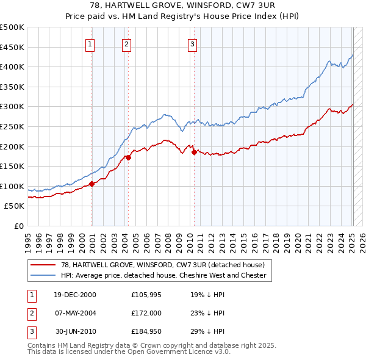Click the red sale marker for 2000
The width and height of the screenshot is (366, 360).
pyautogui.click(x=92, y=184)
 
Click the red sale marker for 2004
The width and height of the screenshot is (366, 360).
pyautogui.click(x=129, y=157)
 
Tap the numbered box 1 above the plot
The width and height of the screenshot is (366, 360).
pyautogui.click(x=90, y=43)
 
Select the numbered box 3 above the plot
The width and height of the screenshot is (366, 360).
pyautogui.click(x=192, y=43)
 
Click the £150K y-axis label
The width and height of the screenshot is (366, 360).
pyautogui.click(x=12, y=166)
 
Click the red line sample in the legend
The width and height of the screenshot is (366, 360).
pyautogui.click(x=43, y=265)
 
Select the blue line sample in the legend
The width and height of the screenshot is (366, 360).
pyautogui.click(x=43, y=275)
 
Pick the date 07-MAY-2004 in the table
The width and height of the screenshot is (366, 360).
pyautogui.click(x=75, y=313)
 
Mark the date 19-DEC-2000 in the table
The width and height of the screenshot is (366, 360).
pyautogui.click(x=75, y=294)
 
